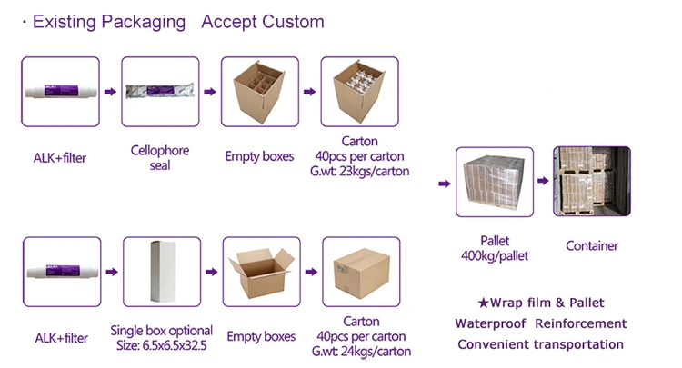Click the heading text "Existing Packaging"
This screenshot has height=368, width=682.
(109, 22)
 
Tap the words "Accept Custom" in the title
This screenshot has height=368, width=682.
(263, 22)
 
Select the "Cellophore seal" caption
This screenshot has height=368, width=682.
(160, 158)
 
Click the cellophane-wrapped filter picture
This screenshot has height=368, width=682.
(160, 92)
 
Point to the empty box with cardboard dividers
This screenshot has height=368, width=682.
(260, 92)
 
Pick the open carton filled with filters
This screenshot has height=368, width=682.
(360, 92)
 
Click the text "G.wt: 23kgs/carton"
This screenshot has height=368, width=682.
(360, 171)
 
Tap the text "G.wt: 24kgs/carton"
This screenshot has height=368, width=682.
(361, 351)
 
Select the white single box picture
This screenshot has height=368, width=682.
(162, 272)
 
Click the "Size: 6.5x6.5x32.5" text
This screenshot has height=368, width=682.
(161, 346)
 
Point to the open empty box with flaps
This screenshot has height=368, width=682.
(261, 272)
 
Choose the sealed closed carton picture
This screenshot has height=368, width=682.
(361, 272)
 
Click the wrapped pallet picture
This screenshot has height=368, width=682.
(495, 182)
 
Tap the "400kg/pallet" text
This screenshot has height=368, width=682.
(495, 256)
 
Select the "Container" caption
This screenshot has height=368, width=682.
(592, 246)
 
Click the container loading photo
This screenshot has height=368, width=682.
(592, 181)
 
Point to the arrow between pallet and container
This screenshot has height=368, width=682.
(543, 181)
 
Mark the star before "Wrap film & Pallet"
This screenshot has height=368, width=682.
(484, 303)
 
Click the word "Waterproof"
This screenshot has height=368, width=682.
(491, 323)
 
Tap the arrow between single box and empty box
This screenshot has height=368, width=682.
(211, 272)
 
